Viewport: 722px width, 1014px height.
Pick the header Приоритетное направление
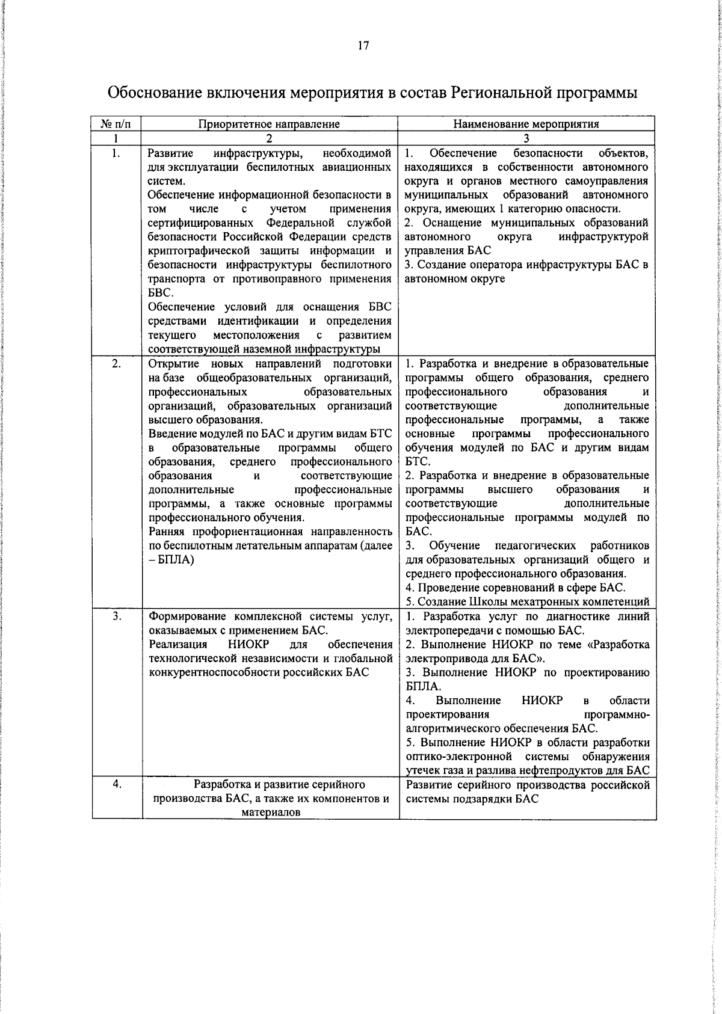[270, 124]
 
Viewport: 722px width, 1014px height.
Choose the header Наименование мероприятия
[526, 124]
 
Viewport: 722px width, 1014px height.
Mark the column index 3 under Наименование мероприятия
[526, 138]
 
